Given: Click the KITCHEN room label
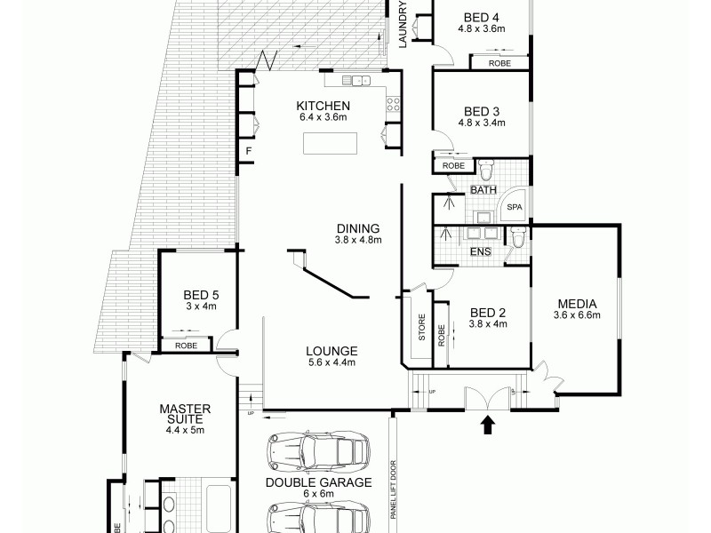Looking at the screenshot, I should pyautogui.click(x=321, y=106).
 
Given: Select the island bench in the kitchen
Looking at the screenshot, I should pyautogui.click(x=327, y=143).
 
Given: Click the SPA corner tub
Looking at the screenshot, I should pyautogui.click(x=514, y=206).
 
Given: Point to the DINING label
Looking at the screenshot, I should pyautogui.click(x=357, y=227).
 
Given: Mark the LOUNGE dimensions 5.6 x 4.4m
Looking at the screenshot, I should pyautogui.click(x=332, y=362).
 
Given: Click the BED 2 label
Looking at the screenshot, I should pyautogui.click(x=487, y=313).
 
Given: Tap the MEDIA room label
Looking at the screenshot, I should pyautogui.click(x=578, y=303).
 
